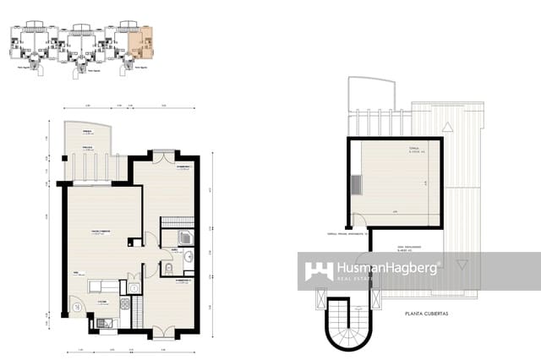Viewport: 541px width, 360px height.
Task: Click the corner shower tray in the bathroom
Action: coord(186,237)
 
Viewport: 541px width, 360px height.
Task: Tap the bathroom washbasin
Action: coord(189,255)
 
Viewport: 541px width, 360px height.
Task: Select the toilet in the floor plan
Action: coord(168,270)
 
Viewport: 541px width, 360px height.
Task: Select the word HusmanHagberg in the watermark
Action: coord(388,267)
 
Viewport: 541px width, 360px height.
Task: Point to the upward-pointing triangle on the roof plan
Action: coord(448,125)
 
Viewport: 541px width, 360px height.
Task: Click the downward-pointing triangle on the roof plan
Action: coord(462,264)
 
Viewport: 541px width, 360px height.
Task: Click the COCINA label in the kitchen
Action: coord(101,301)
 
